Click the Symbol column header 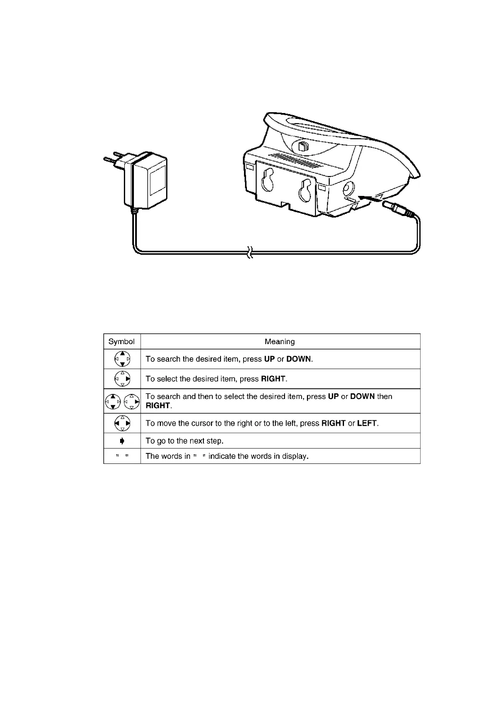(121, 342)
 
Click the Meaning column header (280, 342)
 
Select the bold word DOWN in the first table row (298, 359)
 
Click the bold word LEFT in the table (367, 423)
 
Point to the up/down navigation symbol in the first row (122, 359)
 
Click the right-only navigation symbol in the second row (122, 378)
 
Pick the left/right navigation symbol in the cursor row (122, 423)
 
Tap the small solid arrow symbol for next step (122, 441)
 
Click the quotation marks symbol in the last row (122, 456)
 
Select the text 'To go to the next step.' (184, 441)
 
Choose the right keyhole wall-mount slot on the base (306, 189)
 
